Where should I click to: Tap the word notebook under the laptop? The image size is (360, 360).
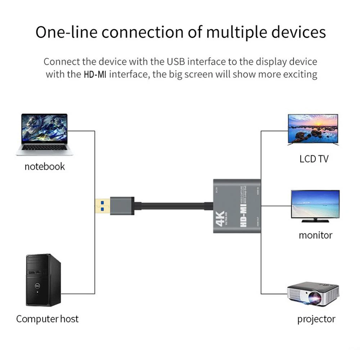tap(45, 166)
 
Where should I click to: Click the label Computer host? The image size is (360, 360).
tap(47, 319)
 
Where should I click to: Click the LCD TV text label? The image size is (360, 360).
tap(314, 159)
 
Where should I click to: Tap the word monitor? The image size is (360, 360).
tap(315, 235)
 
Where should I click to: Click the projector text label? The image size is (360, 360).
tap(316, 319)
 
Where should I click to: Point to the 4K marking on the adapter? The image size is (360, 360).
tap(220, 216)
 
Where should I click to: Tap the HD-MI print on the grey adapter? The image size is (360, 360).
tap(244, 215)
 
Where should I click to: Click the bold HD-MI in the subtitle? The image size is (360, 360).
tap(95, 75)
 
